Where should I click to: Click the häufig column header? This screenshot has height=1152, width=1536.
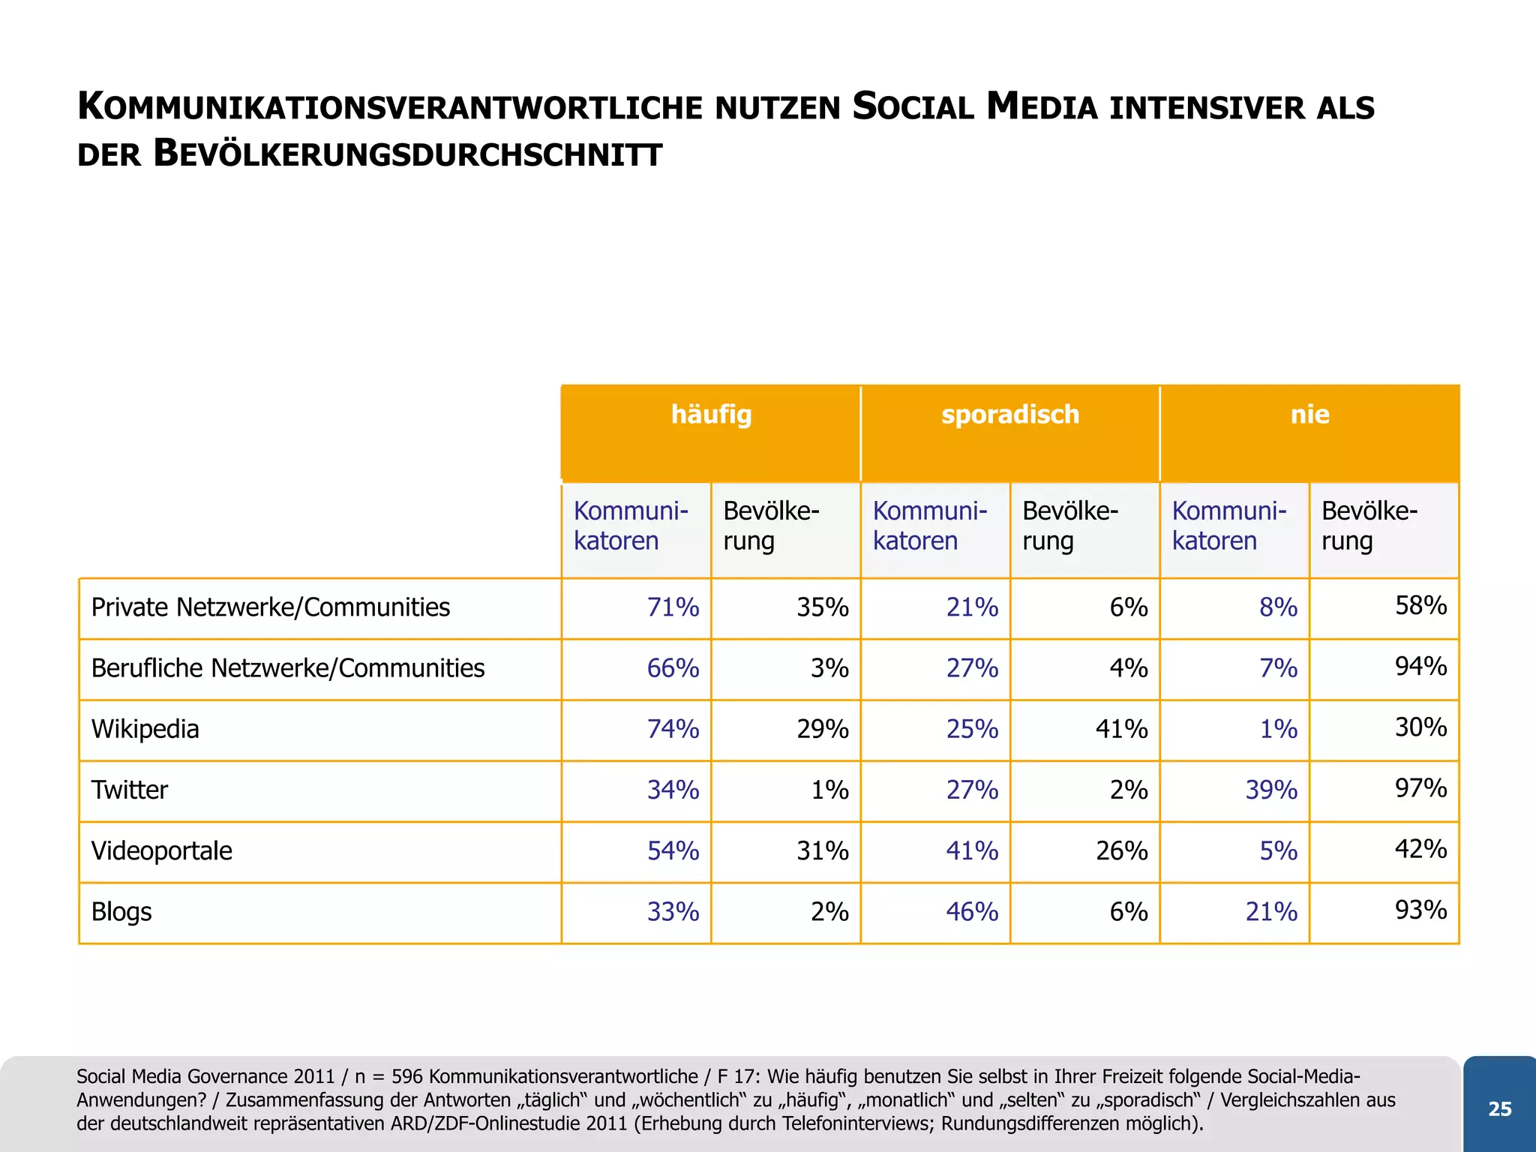[x=711, y=415]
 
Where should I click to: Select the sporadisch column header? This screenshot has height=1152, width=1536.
[x=1010, y=415]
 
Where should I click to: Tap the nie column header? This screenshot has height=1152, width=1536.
[x=1309, y=415]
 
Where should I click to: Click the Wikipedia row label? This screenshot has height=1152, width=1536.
[x=145, y=729]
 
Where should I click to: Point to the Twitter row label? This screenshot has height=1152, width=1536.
[x=129, y=790]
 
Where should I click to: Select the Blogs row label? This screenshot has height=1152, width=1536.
[x=121, y=912]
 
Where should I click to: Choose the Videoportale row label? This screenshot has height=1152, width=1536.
[x=161, y=851]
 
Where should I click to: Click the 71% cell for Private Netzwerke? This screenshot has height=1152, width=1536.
[x=673, y=607]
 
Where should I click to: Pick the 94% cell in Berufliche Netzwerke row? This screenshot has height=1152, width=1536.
[x=1420, y=666]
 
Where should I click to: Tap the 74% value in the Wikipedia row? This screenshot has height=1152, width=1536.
[x=673, y=729]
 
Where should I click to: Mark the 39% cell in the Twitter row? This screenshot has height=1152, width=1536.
[x=1271, y=790]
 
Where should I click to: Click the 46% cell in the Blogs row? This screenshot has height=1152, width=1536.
[x=972, y=912]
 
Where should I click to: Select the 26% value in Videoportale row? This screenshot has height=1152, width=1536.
[x=1121, y=851]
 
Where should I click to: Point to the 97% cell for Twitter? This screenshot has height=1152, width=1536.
[x=1420, y=788]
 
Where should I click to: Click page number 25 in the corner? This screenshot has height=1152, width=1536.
[x=1499, y=1109]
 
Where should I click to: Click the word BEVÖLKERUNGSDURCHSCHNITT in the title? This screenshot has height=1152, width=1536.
[x=407, y=154]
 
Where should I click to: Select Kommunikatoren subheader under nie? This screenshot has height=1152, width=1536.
[x=1228, y=526]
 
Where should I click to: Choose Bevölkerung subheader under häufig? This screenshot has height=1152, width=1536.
[x=770, y=526]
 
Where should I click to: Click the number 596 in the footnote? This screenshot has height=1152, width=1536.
[x=407, y=1077]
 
